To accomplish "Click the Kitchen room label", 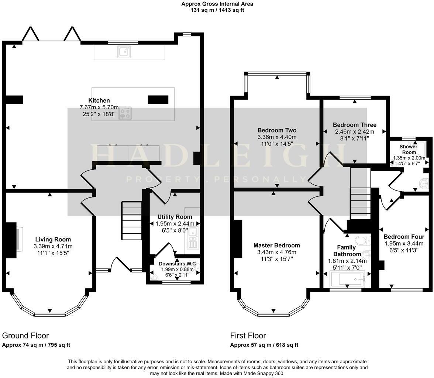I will (x=99, y=100).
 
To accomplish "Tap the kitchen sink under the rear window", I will (x=124, y=52).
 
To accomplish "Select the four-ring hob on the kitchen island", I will (x=125, y=113).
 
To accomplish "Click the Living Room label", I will (x=53, y=240).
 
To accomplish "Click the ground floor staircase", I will (x=132, y=220).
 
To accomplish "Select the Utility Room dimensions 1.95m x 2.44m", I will (x=175, y=224).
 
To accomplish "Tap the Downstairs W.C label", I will (x=177, y=264).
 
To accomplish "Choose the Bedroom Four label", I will (x=404, y=237).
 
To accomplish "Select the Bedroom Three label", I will (x=354, y=125).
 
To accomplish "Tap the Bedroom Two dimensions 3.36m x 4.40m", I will (x=277, y=137).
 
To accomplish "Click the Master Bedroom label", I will (x=276, y=245).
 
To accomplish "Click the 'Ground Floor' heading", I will (x=25, y=336).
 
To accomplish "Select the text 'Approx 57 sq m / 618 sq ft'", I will (x=264, y=345).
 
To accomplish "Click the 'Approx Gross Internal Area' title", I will (x=217, y=4).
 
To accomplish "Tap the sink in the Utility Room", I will (x=193, y=233).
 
